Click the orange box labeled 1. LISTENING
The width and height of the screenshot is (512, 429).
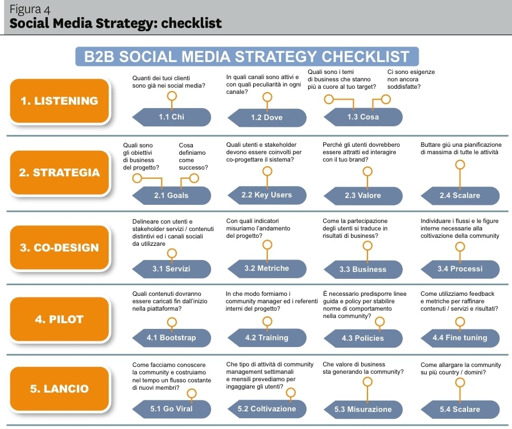coord(59,101)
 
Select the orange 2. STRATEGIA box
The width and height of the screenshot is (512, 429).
coord(59,172)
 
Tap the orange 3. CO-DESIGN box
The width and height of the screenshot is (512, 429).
coord(59,247)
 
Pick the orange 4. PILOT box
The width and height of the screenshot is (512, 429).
coord(59,319)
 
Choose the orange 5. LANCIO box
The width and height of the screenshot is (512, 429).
coord(59,389)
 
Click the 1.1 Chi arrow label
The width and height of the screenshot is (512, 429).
coord(171,117)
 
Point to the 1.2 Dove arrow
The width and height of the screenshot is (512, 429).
coord(266,118)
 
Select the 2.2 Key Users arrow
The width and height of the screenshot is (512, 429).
coord(266,195)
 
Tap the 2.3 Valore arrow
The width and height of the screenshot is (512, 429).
coord(362,195)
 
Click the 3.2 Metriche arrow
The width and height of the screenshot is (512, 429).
coord(266,268)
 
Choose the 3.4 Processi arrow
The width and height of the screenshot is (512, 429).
coord(460,269)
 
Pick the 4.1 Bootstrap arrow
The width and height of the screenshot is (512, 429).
coord(171,338)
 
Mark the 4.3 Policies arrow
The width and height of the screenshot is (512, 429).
coord(362,339)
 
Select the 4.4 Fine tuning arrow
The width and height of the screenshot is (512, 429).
coord(460,338)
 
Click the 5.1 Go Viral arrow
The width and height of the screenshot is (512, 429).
coord(171,409)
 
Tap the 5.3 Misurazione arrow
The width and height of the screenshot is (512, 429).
coord(362,410)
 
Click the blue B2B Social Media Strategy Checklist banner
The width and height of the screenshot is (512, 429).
coord(247,57)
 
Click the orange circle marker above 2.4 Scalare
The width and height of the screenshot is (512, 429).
coord(460,165)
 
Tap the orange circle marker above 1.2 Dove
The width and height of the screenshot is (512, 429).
coord(266,97)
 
